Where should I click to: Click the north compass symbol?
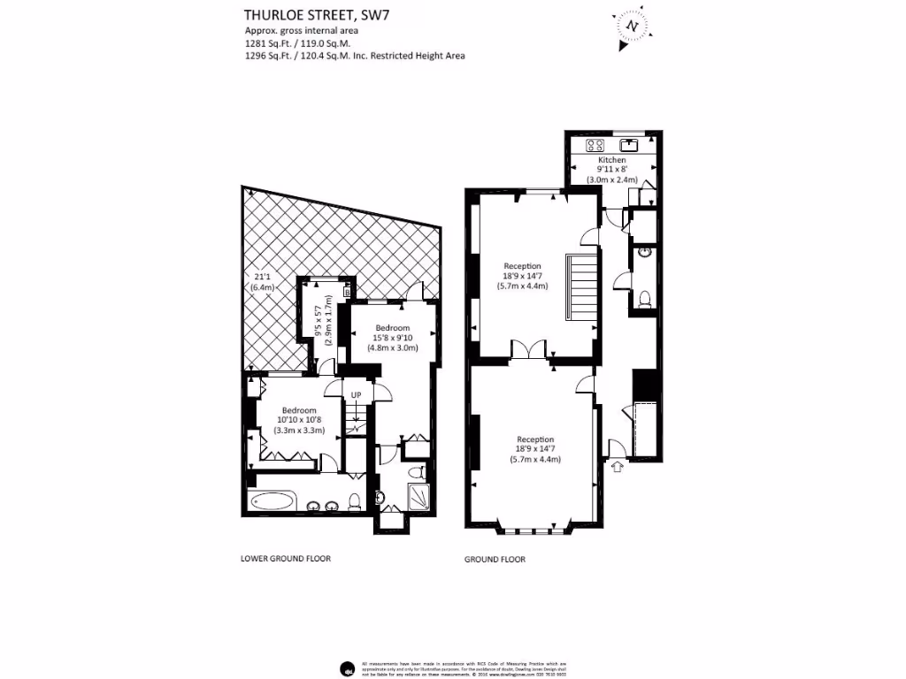(631, 27)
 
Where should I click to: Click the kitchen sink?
(632, 144)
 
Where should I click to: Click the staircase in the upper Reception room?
(582, 288)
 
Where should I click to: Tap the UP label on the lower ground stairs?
(357, 394)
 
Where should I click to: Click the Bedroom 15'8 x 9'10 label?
(391, 337)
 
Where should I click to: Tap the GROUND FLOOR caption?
(495, 559)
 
